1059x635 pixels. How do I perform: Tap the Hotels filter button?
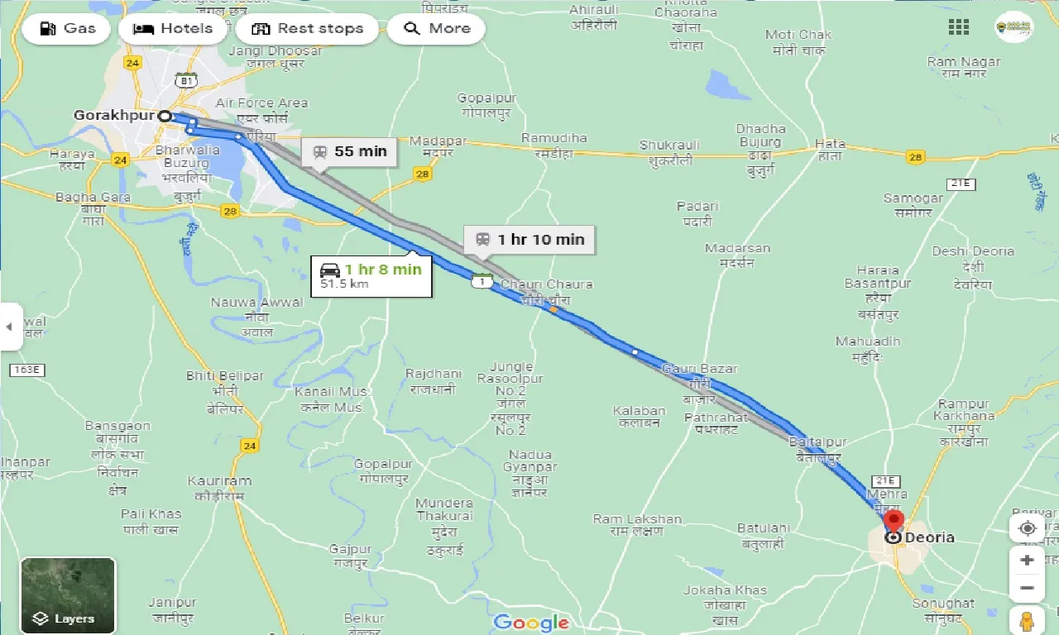174,29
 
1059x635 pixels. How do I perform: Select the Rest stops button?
307,29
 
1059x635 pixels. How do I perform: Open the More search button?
436,29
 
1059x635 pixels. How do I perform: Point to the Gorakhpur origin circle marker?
165,117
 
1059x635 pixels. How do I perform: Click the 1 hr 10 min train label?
529,240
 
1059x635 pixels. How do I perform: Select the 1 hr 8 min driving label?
371,275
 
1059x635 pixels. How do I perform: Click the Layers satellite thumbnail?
68,595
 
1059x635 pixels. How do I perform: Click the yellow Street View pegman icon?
1027,620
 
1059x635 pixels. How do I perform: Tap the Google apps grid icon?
958,27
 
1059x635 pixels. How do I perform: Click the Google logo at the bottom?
531,622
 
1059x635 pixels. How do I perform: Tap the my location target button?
1028,528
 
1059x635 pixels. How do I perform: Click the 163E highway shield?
27,370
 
